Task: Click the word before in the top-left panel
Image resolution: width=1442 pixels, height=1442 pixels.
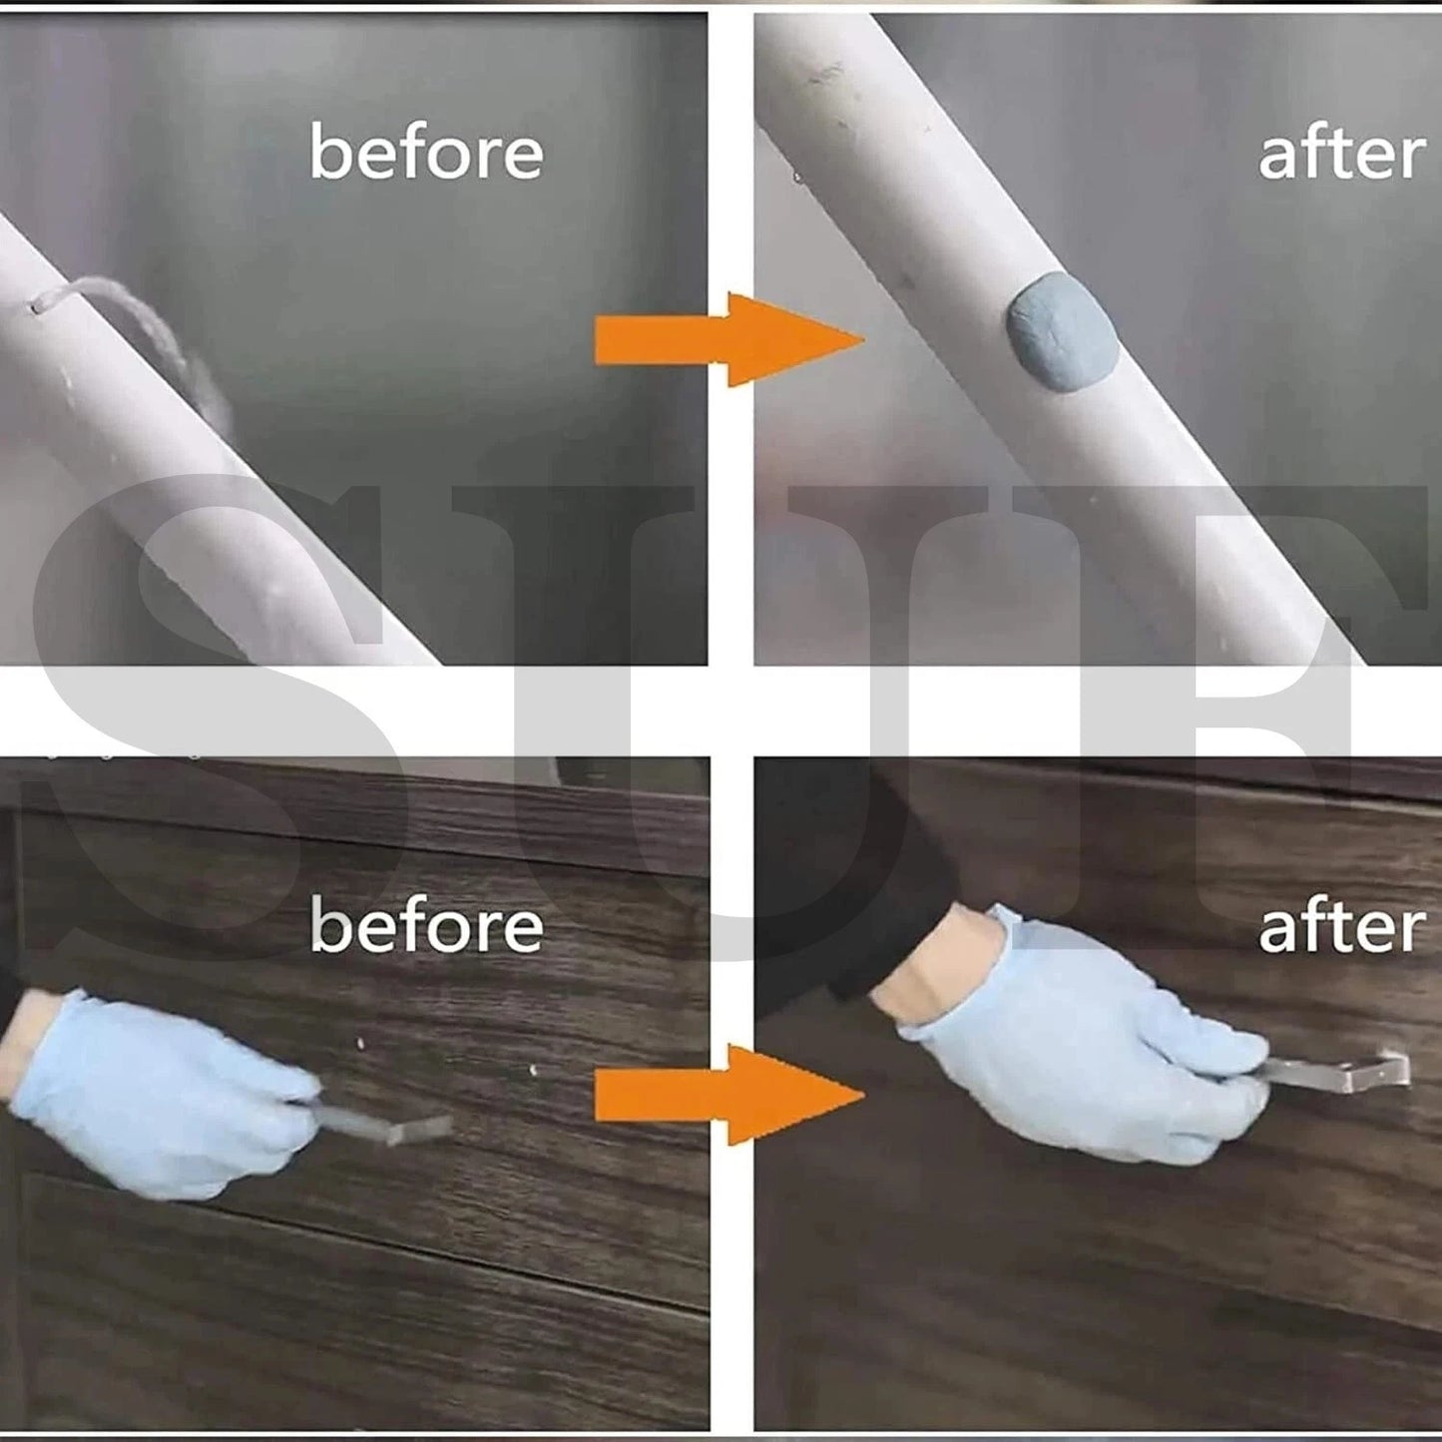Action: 426,153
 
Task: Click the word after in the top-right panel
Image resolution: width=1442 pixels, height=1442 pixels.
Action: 1340,155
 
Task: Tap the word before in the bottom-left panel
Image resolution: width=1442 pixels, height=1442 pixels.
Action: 426,925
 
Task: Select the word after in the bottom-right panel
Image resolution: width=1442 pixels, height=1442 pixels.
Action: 1340,927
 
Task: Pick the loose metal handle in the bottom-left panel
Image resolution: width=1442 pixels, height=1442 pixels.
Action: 399,1128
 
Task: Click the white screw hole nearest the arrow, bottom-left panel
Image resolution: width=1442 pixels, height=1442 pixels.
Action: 535,1071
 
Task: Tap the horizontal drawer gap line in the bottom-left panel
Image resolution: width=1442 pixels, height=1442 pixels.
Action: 349,1247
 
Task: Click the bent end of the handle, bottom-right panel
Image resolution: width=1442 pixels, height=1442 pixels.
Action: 1401,1068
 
